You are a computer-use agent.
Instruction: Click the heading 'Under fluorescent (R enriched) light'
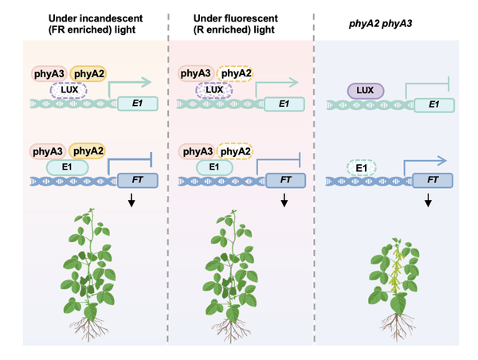[234, 23]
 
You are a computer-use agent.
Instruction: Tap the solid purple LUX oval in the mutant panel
[366, 91]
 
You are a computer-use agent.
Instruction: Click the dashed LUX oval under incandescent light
[67, 91]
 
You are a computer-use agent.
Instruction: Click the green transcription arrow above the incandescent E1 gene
[127, 81]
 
